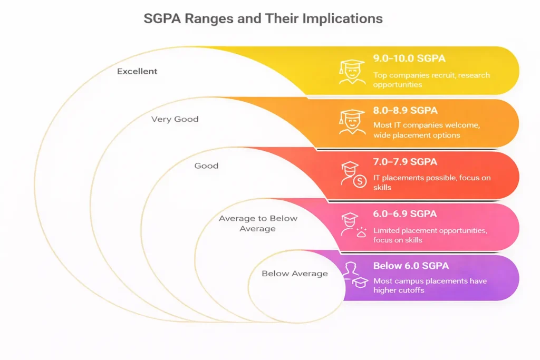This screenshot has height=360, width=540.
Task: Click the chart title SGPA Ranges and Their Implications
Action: point(263,19)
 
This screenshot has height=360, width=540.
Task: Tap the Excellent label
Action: point(137,71)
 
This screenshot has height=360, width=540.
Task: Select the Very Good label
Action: point(175,119)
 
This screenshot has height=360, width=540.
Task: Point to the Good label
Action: point(206,166)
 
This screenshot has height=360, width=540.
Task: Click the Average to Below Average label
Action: point(258,223)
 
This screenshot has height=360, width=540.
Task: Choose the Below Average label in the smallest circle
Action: point(295,274)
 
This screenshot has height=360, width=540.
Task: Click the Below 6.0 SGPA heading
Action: point(412,266)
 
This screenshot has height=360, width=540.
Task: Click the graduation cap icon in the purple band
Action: point(360,283)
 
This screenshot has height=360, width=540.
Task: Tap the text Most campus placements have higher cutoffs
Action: point(430,286)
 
